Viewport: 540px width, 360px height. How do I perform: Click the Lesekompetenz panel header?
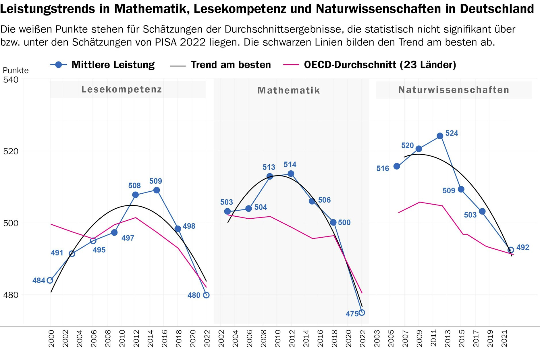click(122, 89)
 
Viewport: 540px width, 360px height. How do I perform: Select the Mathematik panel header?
click(289, 91)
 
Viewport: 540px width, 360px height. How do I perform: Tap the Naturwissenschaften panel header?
click(454, 90)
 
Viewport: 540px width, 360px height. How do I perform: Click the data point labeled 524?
click(440, 136)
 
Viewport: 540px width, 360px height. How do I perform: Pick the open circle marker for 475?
click(362, 313)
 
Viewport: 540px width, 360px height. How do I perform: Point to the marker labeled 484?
click(50, 280)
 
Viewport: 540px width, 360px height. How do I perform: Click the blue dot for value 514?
click(291, 174)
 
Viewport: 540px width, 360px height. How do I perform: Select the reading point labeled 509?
click(157, 190)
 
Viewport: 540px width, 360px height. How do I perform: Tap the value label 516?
click(383, 169)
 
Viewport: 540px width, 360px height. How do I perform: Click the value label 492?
click(522, 247)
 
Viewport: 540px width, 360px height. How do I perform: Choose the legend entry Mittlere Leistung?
click(113, 65)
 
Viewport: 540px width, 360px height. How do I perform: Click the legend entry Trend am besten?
click(230, 65)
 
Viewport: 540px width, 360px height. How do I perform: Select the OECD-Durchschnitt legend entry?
click(380, 65)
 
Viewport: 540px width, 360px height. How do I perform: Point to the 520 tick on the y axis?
click(11, 151)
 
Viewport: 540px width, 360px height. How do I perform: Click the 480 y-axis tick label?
click(11, 295)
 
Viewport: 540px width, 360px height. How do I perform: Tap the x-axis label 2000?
click(51, 339)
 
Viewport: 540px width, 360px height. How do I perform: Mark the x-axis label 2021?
click(504, 339)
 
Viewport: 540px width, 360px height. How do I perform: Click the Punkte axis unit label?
click(16, 70)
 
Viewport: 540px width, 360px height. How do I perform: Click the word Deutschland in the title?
click(497, 9)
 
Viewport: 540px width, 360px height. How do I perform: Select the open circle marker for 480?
click(206, 295)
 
